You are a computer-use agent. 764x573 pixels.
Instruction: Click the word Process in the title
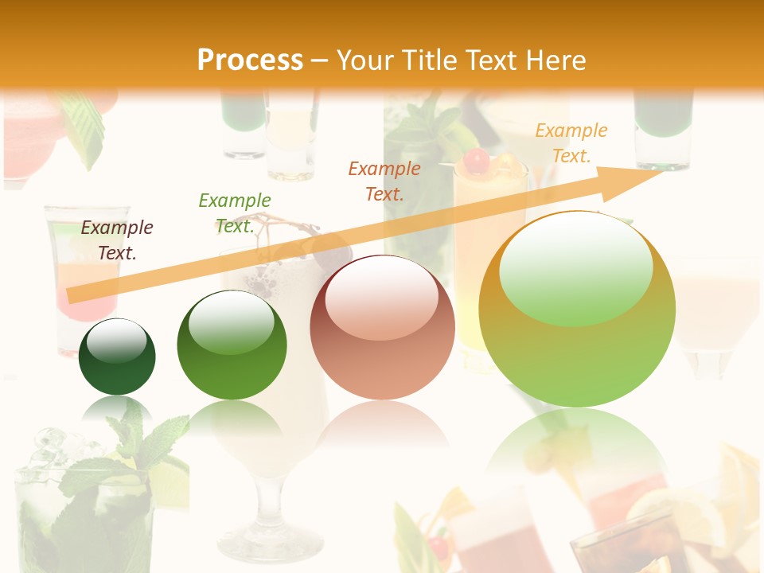[x=250, y=60]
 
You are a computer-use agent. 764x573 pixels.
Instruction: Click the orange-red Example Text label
[x=384, y=181]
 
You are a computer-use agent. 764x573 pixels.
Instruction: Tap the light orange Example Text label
[x=571, y=143]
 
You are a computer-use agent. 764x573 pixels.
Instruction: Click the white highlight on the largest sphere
[x=575, y=271]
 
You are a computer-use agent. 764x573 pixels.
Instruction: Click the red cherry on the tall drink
[x=476, y=161]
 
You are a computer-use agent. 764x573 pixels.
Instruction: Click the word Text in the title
[x=495, y=60]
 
